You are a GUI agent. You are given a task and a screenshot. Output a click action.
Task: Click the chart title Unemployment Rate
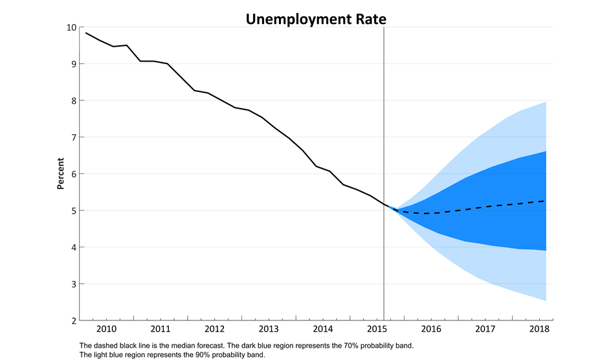click(x=316, y=19)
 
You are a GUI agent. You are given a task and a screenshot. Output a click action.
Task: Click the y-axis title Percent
click(x=61, y=174)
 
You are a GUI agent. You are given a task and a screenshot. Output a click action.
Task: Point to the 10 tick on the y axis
click(x=71, y=27)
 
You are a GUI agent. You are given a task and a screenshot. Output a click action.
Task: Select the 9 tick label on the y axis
click(x=73, y=64)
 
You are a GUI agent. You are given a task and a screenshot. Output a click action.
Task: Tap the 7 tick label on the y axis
click(x=73, y=137)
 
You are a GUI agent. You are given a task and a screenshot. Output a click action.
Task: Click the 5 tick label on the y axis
click(x=73, y=210)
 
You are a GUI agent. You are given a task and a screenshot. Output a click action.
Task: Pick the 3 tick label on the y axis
click(x=73, y=284)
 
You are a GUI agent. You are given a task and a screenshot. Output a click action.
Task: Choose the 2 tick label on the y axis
click(x=73, y=321)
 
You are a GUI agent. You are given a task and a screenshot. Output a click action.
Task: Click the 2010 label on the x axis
click(x=106, y=330)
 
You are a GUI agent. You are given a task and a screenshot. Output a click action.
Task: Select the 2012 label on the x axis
click(x=214, y=330)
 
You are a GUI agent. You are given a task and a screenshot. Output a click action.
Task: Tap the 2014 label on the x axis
click(x=322, y=330)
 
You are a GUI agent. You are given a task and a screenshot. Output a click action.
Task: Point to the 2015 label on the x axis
click(x=377, y=330)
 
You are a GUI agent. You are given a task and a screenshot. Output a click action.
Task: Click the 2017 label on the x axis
click(x=485, y=330)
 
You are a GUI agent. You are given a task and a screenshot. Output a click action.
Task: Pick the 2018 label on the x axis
click(x=539, y=330)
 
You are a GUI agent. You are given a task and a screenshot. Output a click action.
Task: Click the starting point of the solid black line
click(x=86, y=33)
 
